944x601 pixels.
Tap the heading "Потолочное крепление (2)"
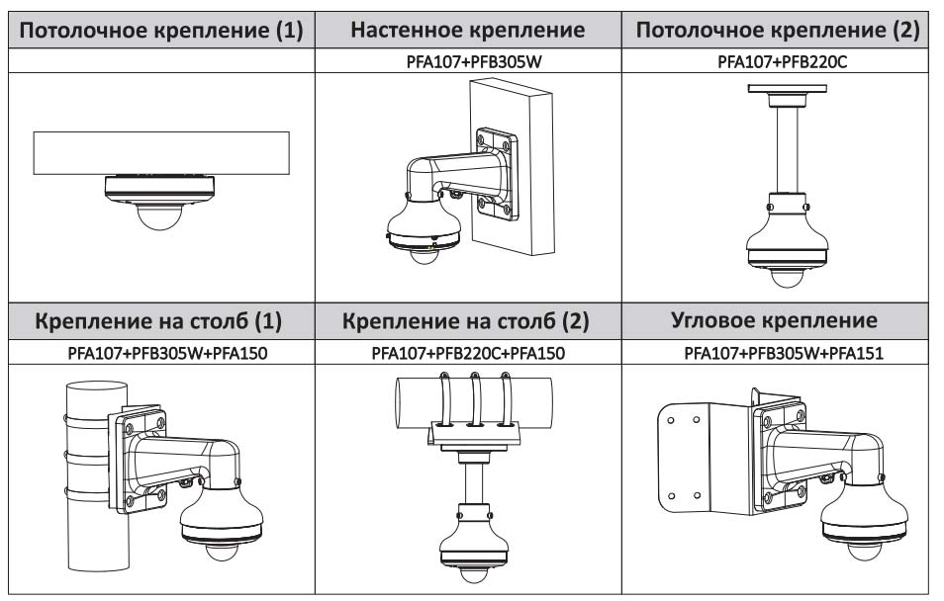pyautogui.click(x=777, y=30)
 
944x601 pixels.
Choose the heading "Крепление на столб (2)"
pyautogui.click(x=469, y=321)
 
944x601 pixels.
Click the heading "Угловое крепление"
pyautogui.click(x=777, y=321)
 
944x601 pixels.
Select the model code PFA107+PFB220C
pyautogui.click(x=777, y=60)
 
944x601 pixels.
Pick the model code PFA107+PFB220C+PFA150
pyautogui.click(x=469, y=352)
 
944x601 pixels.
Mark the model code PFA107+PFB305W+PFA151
pyautogui.click(x=777, y=352)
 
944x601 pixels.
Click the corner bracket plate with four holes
pyautogui.click(x=693, y=455)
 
